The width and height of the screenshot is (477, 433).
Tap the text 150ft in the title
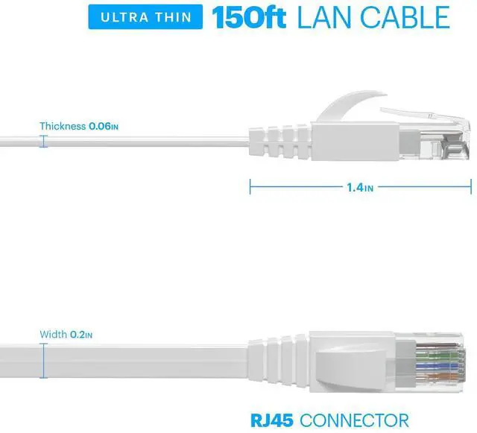click(x=250, y=17)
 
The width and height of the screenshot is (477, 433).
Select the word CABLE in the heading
click(x=402, y=17)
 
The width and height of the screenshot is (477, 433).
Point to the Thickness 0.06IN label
click(x=79, y=126)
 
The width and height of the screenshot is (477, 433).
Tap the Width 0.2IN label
click(x=66, y=335)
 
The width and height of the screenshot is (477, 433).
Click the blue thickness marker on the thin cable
click(x=43, y=140)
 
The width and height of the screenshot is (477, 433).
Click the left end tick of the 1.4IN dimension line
click(x=250, y=188)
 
